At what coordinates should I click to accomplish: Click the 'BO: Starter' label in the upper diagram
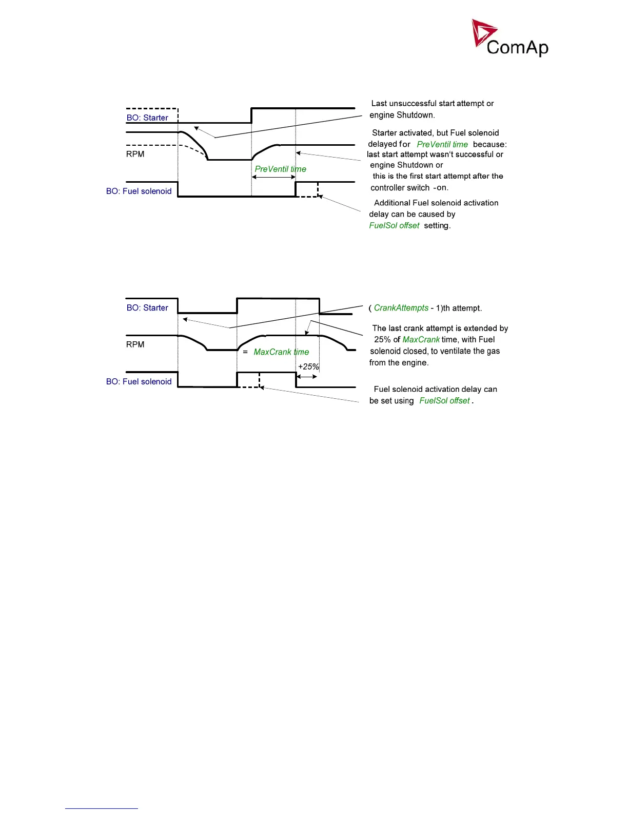[147, 118]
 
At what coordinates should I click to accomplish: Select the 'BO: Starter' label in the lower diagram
[147, 308]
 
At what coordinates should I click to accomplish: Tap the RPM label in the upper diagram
[135, 154]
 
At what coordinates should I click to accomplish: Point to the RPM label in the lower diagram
[135, 344]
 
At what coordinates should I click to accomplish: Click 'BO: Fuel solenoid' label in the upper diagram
[139, 191]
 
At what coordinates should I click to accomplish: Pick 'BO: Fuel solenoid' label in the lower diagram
[139, 381]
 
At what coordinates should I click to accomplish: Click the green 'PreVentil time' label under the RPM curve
[280, 169]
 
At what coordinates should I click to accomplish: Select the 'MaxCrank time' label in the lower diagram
[281, 352]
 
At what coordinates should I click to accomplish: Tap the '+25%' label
[308, 366]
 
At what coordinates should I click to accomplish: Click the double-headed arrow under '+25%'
[307, 376]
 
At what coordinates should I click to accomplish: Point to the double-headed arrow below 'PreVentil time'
[273, 178]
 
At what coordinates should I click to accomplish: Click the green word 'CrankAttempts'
[401, 308]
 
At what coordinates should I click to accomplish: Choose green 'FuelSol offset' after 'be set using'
[444, 400]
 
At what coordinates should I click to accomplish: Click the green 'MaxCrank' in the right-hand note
[421, 340]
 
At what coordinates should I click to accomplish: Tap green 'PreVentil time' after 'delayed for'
[442, 144]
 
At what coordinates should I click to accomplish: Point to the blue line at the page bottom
[102, 808]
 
